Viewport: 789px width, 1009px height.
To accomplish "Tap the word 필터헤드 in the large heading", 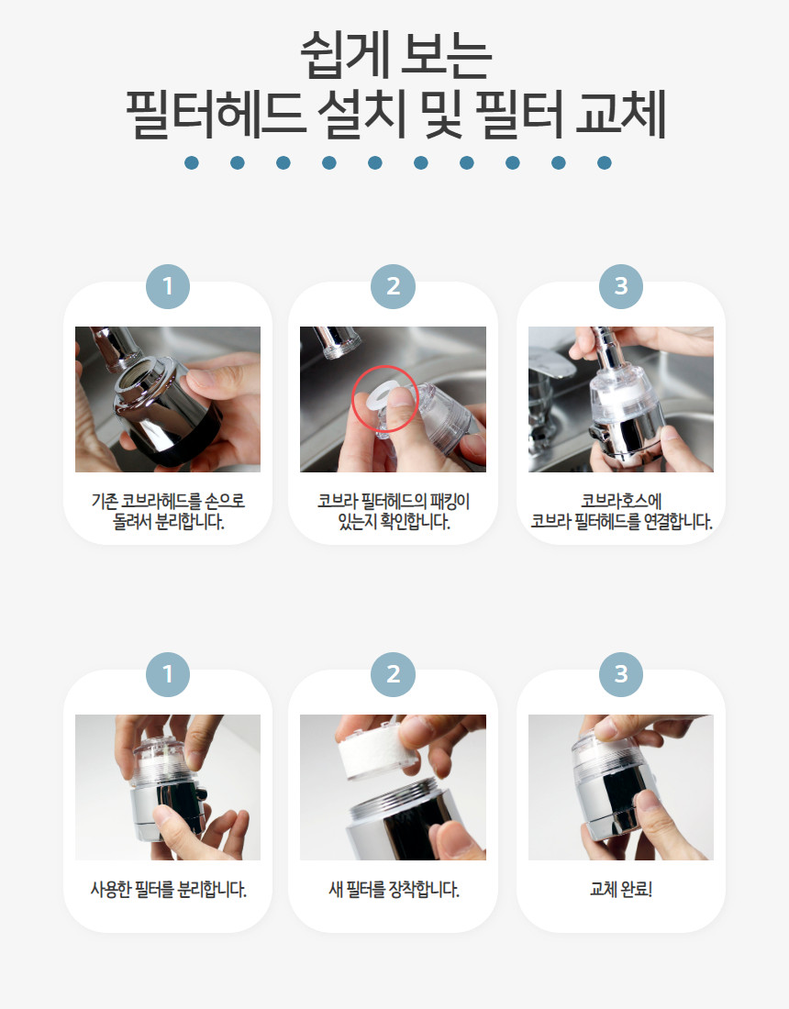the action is click(x=215, y=115).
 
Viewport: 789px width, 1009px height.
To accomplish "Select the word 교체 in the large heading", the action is click(x=620, y=115).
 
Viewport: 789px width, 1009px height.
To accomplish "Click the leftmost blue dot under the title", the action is click(x=191, y=162).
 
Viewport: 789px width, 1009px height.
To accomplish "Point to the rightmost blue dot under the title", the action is click(x=605, y=162).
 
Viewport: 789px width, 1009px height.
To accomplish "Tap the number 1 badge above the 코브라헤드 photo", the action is click(x=168, y=286).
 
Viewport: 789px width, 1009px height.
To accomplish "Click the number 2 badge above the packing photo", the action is click(x=394, y=286).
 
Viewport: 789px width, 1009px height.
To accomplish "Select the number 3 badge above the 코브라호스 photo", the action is click(x=621, y=286).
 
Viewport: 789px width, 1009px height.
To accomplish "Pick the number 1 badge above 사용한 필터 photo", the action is click(x=168, y=674).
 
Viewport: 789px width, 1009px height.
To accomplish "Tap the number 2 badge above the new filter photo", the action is click(x=394, y=674).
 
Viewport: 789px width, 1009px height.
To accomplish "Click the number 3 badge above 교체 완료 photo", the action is click(x=621, y=674).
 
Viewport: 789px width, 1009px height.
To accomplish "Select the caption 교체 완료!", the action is click(x=621, y=890).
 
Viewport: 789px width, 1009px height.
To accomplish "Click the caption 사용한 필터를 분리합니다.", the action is click(x=168, y=890).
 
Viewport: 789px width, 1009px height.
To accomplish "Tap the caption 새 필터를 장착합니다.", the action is click(x=394, y=890).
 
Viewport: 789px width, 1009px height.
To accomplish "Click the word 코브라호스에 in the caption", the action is click(x=621, y=501).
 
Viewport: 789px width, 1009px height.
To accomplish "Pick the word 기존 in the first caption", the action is click(x=105, y=501).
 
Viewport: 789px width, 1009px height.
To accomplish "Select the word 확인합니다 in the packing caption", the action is click(x=415, y=521).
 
